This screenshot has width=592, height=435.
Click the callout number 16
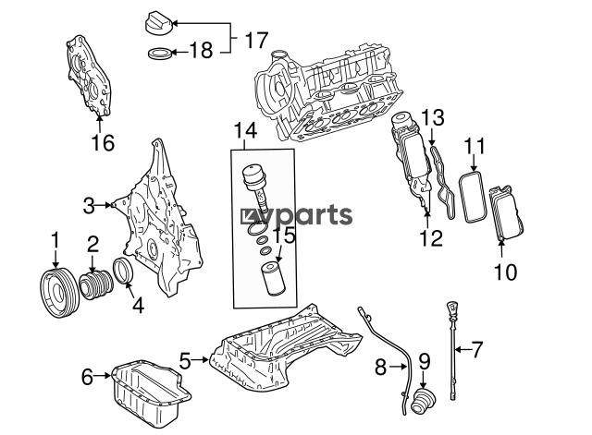pos(103,143)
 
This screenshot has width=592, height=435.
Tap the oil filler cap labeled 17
pos(158,24)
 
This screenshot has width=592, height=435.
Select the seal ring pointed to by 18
pos(160,54)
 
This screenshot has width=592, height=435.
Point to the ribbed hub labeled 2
pos(96,285)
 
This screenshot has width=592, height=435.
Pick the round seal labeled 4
pos(123,271)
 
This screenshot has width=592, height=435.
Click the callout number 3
pos(89,206)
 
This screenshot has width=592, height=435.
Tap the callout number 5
pos(185,361)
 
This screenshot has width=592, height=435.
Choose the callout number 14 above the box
pos(245,130)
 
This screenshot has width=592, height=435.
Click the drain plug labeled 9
pos(424,402)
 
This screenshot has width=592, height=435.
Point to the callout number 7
pos(477,349)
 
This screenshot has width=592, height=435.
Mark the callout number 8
pos(380,367)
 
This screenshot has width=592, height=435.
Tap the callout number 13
pos(432,117)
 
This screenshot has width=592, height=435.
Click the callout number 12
pos(431,238)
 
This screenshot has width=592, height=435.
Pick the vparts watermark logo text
pos(297,215)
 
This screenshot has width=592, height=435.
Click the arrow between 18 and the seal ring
pos(179,53)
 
